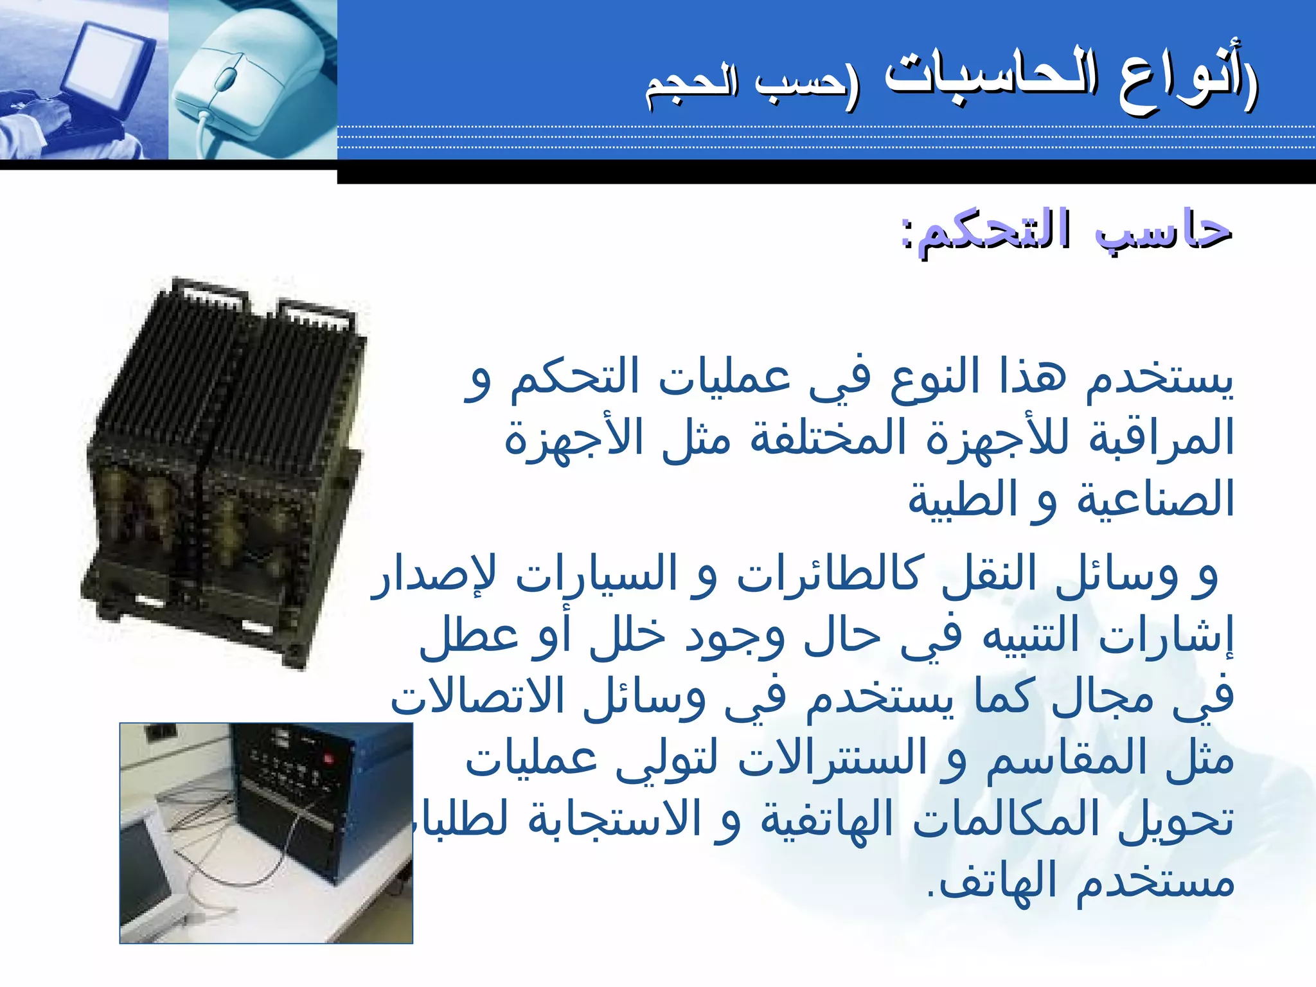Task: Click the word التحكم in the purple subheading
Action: click(993, 231)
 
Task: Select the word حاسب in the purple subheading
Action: click(1163, 231)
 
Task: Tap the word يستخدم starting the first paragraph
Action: click(1160, 379)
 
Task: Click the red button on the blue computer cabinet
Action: click(330, 759)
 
